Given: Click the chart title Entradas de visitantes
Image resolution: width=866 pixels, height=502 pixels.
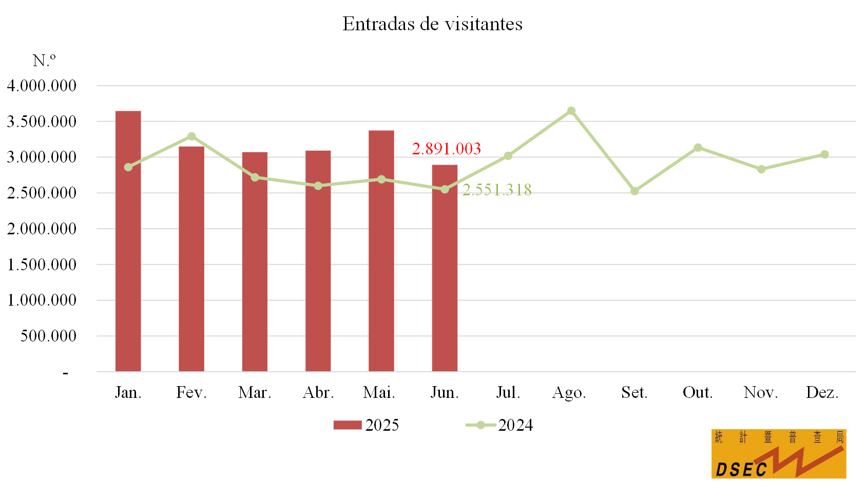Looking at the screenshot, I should point(432,24).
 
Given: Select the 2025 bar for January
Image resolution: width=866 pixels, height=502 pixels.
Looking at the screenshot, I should point(128,241).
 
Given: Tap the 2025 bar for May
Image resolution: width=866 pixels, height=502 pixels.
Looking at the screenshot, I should point(381,251).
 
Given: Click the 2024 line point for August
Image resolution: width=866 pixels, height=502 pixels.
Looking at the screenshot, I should point(571,111).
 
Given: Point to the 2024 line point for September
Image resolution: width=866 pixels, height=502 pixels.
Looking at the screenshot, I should point(634,191).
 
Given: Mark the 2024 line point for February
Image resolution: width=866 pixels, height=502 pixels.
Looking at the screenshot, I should point(191,136).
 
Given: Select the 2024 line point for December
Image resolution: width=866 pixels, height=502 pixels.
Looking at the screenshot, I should point(824,154).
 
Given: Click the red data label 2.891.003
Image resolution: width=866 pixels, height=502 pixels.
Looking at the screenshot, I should point(446,149).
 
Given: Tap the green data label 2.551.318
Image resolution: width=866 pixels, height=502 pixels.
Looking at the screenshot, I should point(497,190).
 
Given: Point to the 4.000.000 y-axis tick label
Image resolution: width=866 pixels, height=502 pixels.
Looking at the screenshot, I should point(42,86).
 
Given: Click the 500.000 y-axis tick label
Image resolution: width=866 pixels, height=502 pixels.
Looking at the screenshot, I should point(48,336).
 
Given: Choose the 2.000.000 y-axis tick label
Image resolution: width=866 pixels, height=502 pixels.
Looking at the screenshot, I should point(42,229).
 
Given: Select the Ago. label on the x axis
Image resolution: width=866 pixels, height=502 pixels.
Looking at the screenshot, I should point(569,392).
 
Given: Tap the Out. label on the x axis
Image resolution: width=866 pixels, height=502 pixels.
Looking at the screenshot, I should point(698,392).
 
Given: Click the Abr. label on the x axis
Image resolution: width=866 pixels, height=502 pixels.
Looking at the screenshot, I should point(318,392).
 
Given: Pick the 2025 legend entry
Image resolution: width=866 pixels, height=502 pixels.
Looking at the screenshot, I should point(366,425).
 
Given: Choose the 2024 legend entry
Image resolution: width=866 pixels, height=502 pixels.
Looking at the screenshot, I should point(499,425).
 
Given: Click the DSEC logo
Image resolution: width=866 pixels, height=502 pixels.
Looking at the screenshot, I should point(778,454).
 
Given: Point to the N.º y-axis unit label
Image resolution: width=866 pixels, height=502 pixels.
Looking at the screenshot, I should point(44,61).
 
